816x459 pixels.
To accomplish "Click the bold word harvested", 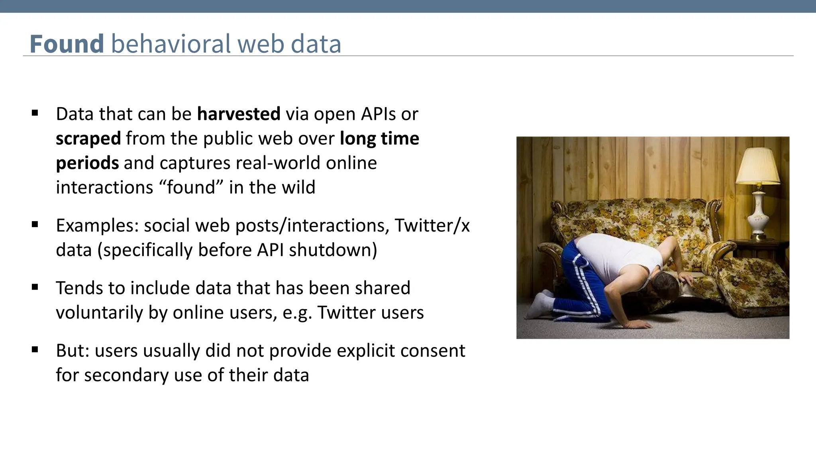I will (239, 114).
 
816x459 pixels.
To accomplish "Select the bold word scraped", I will (88, 139).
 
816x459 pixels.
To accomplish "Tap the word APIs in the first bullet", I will (378, 114).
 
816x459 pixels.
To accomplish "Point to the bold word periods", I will (87, 163).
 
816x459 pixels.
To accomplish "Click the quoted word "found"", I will (191, 187).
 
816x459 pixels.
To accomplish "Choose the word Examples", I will (97, 226).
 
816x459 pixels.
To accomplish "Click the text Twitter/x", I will (432, 226).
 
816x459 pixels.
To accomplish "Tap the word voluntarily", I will (99, 313).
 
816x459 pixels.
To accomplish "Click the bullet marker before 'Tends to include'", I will (35, 287).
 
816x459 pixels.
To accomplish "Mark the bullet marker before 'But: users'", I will (35, 350).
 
